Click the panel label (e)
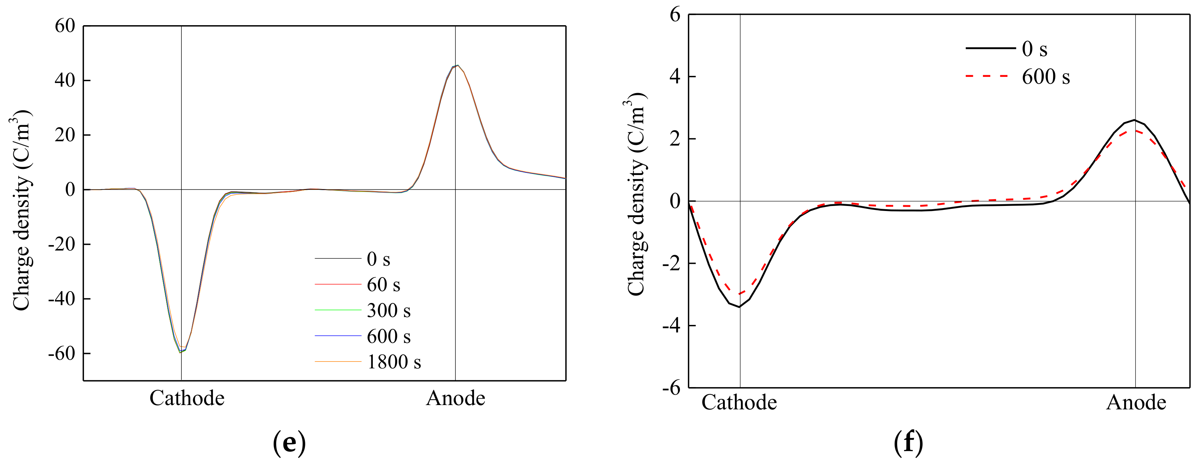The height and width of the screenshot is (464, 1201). pos(289,442)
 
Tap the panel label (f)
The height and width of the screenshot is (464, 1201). pos(908,442)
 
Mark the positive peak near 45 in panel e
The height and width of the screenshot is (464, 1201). pos(457,66)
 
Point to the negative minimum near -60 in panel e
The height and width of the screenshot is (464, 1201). pos(180,352)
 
